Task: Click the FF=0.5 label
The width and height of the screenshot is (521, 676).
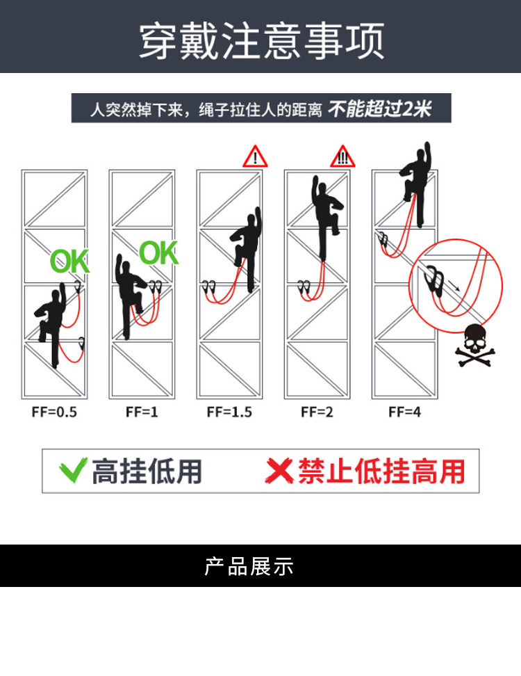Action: pyautogui.click(x=54, y=412)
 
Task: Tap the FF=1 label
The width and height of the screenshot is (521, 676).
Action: pyautogui.click(x=142, y=412)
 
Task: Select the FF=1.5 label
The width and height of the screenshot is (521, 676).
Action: pyautogui.click(x=229, y=412)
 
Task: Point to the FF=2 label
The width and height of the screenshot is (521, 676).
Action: pyautogui.click(x=317, y=412)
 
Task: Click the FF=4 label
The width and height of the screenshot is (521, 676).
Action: pyautogui.click(x=405, y=412)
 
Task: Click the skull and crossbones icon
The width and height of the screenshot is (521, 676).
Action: pyautogui.click(x=475, y=346)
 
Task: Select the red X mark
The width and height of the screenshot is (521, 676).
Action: pyautogui.click(x=279, y=471)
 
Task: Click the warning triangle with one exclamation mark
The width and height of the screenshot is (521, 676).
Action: pyautogui.click(x=255, y=156)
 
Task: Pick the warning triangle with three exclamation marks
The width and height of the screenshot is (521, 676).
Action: pyautogui.click(x=342, y=156)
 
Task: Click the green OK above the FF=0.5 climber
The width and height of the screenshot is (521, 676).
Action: pyautogui.click(x=69, y=261)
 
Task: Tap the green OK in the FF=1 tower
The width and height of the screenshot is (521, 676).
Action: pyautogui.click(x=158, y=252)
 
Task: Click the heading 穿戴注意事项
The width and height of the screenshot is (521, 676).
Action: pyautogui.click(x=261, y=41)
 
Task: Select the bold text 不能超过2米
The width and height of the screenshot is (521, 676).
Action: pyautogui.click(x=380, y=108)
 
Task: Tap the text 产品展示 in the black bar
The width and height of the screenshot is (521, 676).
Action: pyautogui.click(x=249, y=566)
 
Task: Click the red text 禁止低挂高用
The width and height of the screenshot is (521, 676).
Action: pyautogui.click(x=381, y=472)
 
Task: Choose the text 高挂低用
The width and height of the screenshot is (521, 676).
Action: pyautogui.click(x=147, y=472)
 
